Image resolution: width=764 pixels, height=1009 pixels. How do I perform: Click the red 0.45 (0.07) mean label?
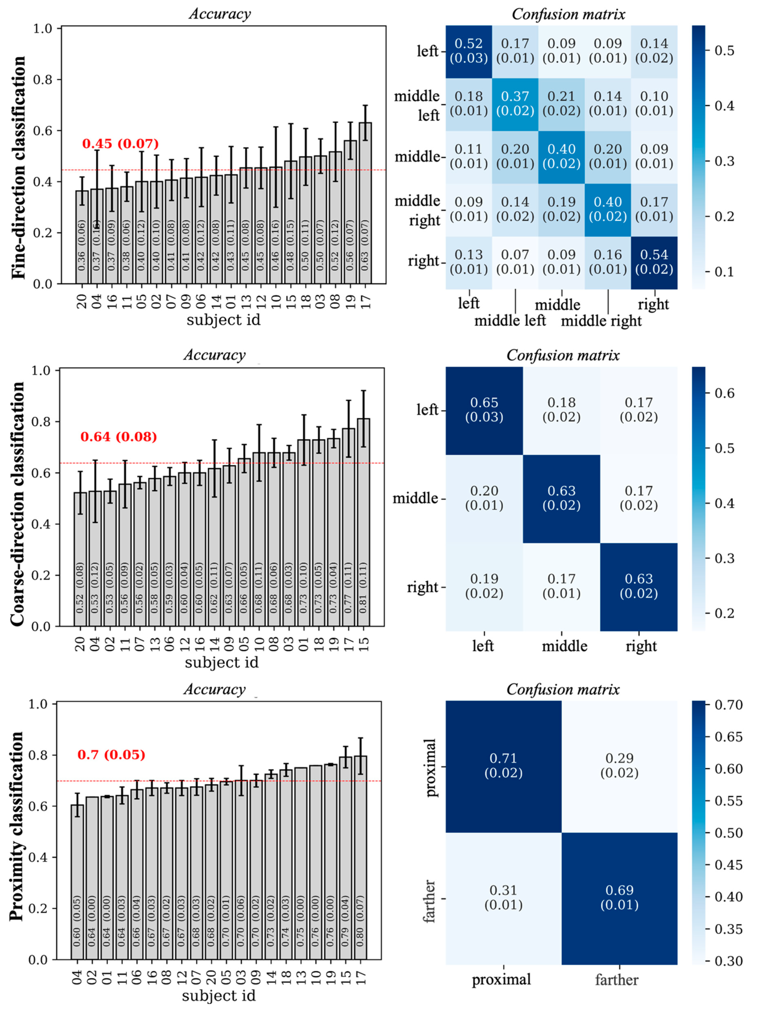(x=120, y=144)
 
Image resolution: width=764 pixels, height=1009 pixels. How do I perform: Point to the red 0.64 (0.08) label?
(x=119, y=437)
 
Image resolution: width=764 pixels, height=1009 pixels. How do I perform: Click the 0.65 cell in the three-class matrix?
(x=484, y=410)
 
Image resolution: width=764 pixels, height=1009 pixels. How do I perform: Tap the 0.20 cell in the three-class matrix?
(x=484, y=498)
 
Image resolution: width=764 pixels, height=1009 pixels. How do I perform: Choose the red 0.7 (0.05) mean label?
(x=111, y=755)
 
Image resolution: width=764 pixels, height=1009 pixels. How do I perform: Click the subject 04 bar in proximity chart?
(x=77, y=885)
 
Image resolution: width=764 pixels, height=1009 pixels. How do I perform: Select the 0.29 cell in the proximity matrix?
(x=619, y=765)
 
